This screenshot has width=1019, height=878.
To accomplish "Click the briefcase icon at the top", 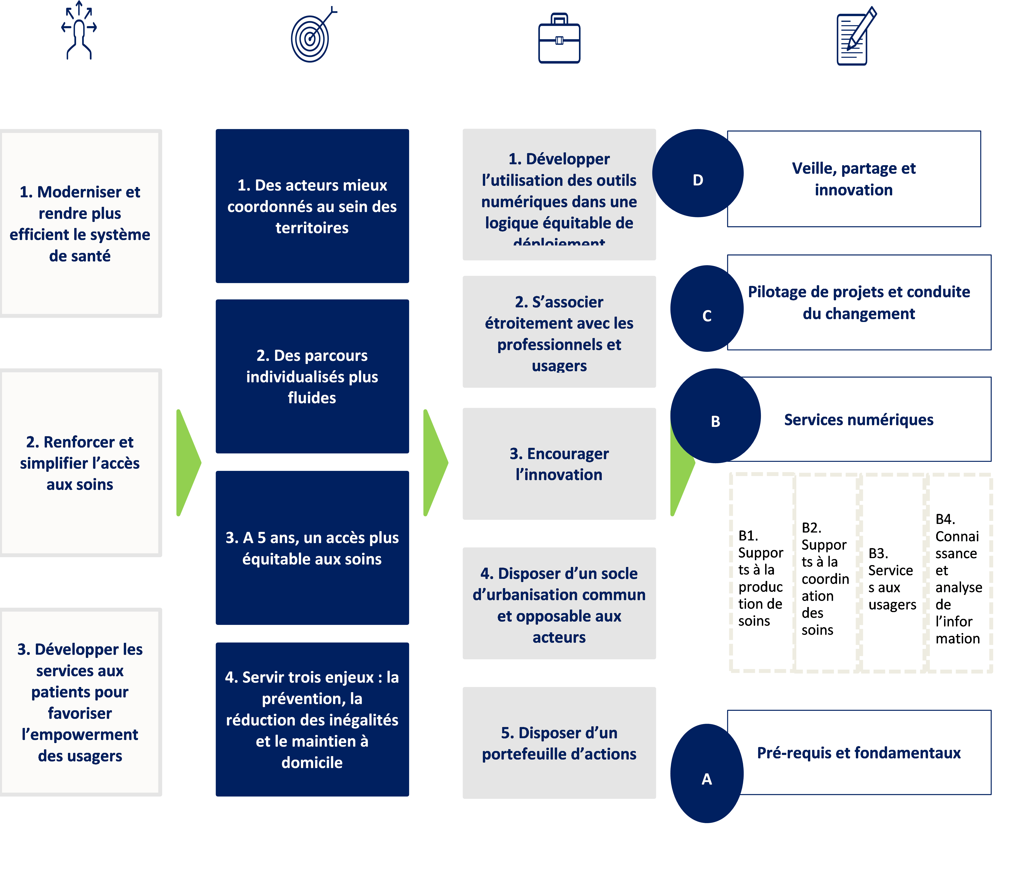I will [559, 39].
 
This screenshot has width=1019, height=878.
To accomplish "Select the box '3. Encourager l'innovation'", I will [559, 464].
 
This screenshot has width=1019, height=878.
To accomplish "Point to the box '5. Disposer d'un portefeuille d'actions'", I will [559, 743].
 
